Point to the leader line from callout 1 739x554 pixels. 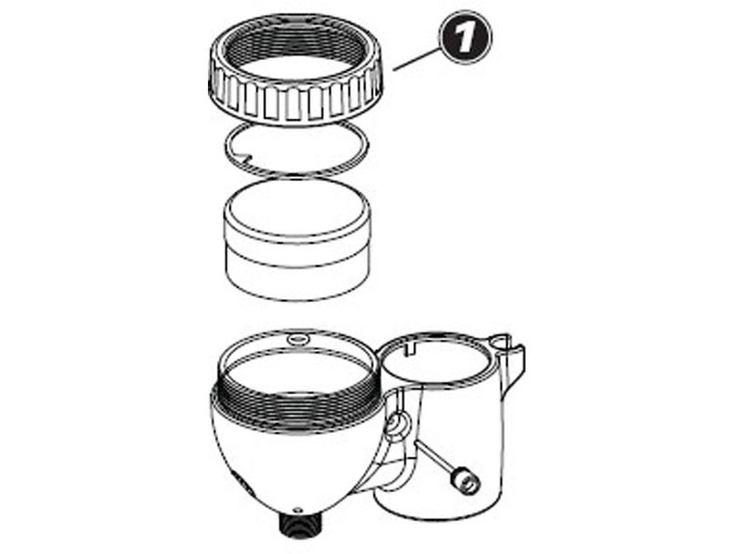pyautogui.click(x=416, y=57)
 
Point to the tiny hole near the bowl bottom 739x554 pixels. pyautogui.click(x=297, y=509)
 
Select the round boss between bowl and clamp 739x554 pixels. pyautogui.click(x=396, y=426)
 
